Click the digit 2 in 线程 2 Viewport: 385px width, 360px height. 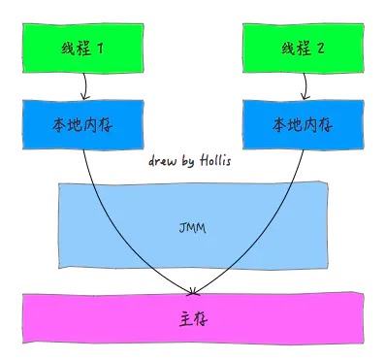pos(319,49)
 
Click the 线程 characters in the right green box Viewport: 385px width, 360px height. pos(293,49)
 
